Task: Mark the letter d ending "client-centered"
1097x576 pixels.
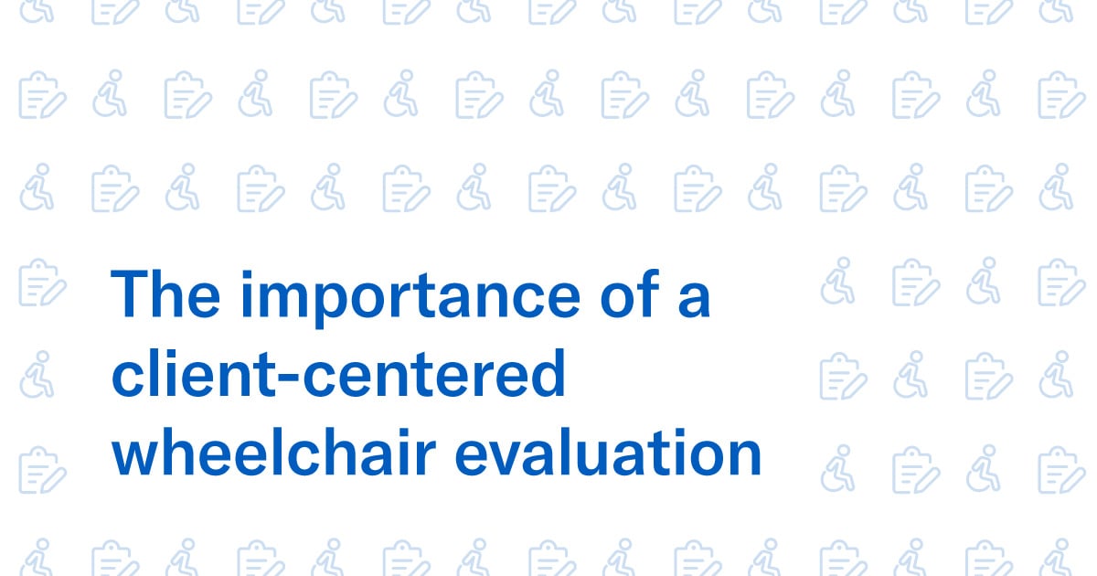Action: tap(545, 375)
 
